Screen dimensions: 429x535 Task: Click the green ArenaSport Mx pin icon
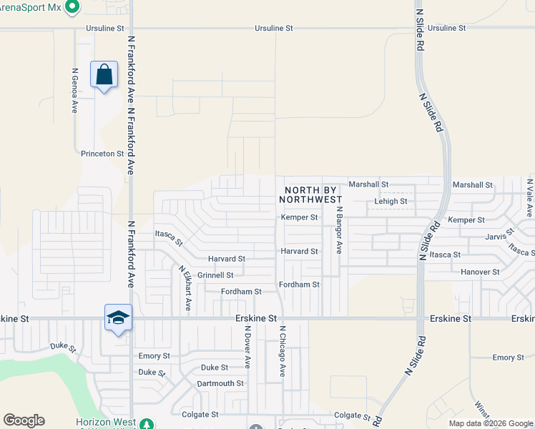coord(71,7)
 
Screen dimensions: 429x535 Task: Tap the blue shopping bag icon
coord(104,74)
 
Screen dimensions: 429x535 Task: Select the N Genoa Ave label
coord(74,91)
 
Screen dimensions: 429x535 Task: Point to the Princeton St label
coord(102,154)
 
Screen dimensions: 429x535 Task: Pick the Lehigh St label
coord(391,202)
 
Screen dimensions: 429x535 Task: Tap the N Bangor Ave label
coord(340,230)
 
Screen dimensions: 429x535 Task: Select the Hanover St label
coord(480,272)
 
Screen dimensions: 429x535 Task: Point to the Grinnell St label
coord(215,275)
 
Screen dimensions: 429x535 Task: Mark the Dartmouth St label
coord(220,383)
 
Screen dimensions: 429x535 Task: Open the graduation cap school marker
coord(118,317)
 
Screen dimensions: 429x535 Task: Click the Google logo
coord(24,420)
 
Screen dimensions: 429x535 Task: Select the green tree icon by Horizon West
coord(147,423)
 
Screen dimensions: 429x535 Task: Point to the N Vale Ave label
coord(530,197)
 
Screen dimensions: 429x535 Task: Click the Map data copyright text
coord(491,423)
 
